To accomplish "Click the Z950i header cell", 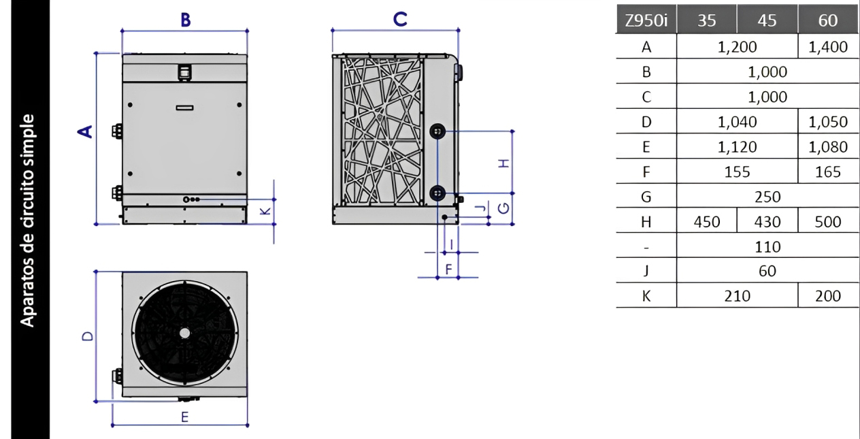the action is (x=646, y=20).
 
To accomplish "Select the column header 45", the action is (x=767, y=20).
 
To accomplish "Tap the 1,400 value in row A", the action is (x=828, y=47).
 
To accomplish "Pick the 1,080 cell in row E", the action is (x=828, y=147).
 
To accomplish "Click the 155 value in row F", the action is (x=737, y=172).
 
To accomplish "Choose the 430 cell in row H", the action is (x=767, y=222).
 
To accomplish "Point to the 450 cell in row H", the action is (x=707, y=222).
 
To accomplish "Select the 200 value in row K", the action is (x=828, y=296).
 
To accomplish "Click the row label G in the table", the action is (x=646, y=197).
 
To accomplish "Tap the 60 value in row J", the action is (x=767, y=271).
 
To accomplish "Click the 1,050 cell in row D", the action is (x=828, y=122).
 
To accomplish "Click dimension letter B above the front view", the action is (x=186, y=20).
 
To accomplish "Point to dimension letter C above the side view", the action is (x=400, y=19).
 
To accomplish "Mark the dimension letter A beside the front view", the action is (x=85, y=131).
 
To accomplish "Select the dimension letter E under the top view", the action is (x=184, y=417).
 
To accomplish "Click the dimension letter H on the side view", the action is (x=503, y=163).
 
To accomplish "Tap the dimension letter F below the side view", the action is (x=448, y=270).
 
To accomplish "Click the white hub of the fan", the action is (x=184, y=333).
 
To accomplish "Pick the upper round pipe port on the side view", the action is (x=437, y=131).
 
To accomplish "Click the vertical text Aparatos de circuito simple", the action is (x=27, y=221).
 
